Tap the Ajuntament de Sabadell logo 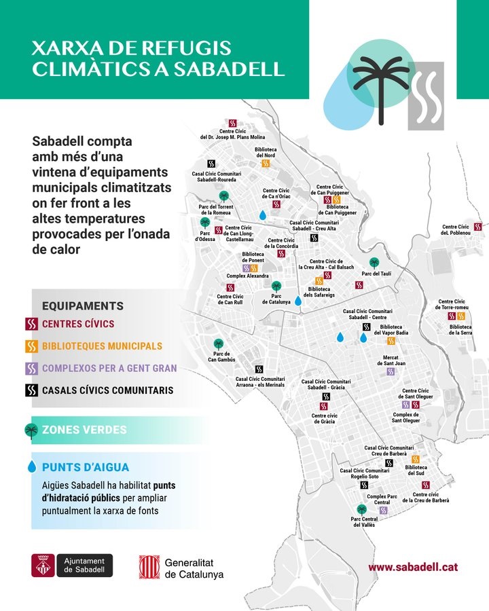tap(72, 566)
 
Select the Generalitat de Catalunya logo tap(181, 566)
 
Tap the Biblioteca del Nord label tap(266, 152)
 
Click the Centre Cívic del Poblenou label tap(455, 230)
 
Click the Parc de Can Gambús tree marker tap(218, 344)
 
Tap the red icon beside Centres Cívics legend tap(31, 324)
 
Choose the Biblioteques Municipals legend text tap(102, 346)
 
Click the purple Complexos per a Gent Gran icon tap(31, 369)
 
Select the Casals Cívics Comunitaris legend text tap(107, 390)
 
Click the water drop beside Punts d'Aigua tap(31, 467)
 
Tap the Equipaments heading tap(82, 306)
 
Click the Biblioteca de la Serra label tap(460, 329)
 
